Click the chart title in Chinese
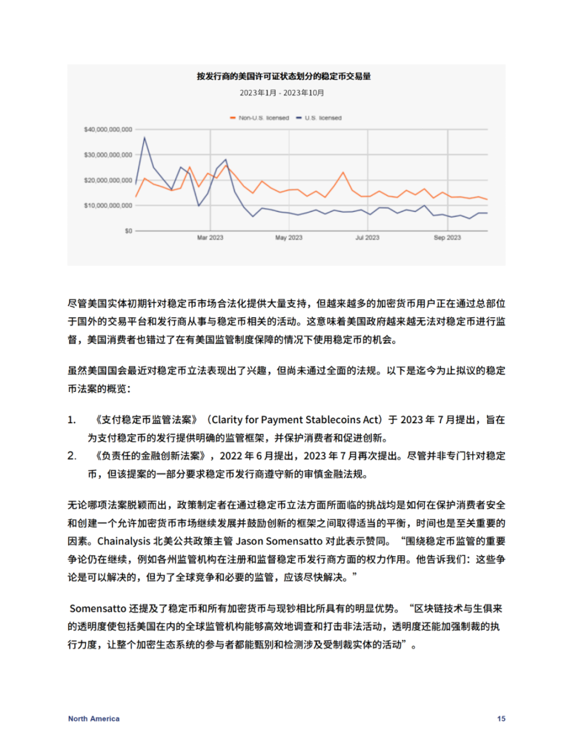coord(284,76)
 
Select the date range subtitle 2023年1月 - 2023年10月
coord(282,93)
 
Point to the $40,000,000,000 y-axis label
coord(108,130)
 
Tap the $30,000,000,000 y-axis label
coord(108,155)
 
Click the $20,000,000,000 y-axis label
coord(108,180)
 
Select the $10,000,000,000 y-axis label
coord(108,206)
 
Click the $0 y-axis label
coord(128,231)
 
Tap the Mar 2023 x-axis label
coord(210,238)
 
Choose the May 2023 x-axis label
coord(289,238)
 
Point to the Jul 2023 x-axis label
coord(367,238)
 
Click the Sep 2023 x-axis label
coord(447,238)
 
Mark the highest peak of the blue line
coord(144,138)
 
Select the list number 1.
coord(71,420)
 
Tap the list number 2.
coord(71,456)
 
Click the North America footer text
coord(94,719)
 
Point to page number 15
coord(501,719)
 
